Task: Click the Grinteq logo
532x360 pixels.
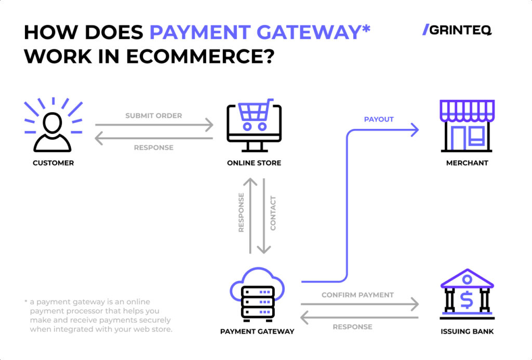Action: click(457, 30)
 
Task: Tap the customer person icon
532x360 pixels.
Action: click(53, 130)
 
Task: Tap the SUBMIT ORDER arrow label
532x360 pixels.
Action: click(154, 115)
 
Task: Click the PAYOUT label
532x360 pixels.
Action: click(379, 119)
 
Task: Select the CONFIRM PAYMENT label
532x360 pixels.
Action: click(357, 295)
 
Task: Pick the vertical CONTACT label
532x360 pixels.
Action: click(273, 213)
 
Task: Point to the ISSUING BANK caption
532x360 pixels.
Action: click(467, 331)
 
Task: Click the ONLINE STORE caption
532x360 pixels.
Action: click(254, 163)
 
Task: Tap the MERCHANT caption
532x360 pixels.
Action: click(467, 163)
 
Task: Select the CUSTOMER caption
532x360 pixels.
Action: click(53, 163)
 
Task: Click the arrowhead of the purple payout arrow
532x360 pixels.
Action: click(415, 130)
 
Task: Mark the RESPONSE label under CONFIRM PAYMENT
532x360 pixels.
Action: click(352, 327)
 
